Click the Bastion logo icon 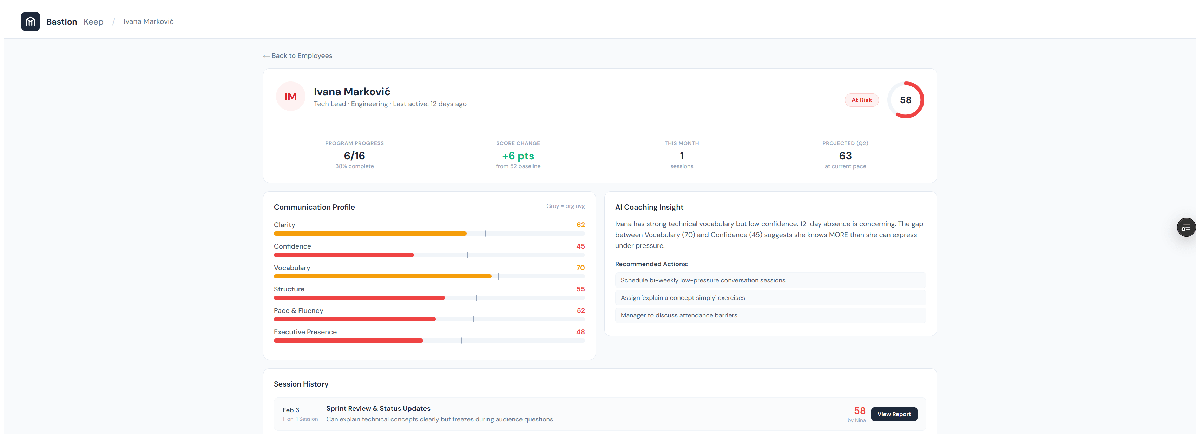tap(30, 21)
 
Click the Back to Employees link tap(298, 56)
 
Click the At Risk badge tap(861, 100)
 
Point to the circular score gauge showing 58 tap(905, 100)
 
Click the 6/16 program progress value tap(354, 156)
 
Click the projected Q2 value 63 tap(845, 156)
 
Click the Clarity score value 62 tap(580, 225)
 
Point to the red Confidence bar tap(343, 255)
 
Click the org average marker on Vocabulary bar tap(498, 276)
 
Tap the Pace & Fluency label tap(298, 310)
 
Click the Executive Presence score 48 tap(580, 332)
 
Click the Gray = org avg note tap(565, 206)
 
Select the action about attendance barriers tap(678, 315)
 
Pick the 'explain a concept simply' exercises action tap(683, 297)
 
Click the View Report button tap(894, 414)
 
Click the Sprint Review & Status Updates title tap(378, 408)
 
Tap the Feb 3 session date tap(291, 410)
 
